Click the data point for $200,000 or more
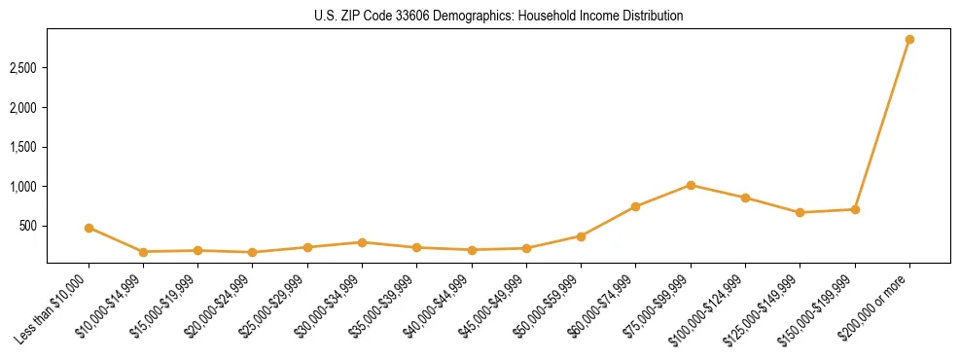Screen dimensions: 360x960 pyautogui.click(x=909, y=40)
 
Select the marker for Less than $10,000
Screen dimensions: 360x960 pyautogui.click(x=89, y=228)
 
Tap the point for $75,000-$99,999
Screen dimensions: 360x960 pyautogui.click(x=691, y=185)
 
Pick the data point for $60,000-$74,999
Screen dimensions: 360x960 pyautogui.click(x=635, y=206)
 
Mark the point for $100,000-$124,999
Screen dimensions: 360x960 pyautogui.click(x=745, y=198)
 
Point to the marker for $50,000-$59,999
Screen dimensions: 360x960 pyautogui.click(x=581, y=236)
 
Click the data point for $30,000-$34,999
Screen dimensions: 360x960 pyautogui.click(x=362, y=242)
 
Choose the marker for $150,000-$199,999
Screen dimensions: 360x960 pyautogui.click(x=855, y=209)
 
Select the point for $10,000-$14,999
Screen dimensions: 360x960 pyautogui.click(x=143, y=252)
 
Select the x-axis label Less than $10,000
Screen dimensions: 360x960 pyautogui.click(x=54, y=307)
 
